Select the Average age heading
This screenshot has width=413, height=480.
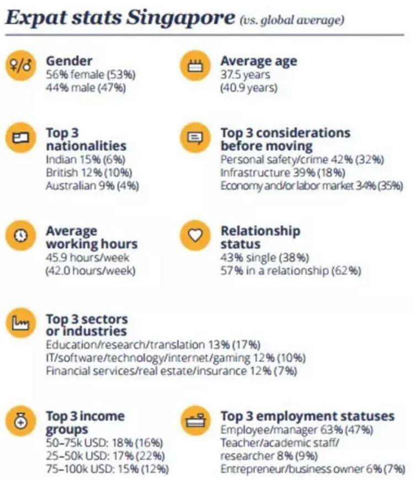tap(258, 61)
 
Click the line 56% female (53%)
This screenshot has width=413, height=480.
tap(91, 75)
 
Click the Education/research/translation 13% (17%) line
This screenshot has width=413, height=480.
tap(152, 345)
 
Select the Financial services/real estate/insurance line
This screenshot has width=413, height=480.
tap(171, 371)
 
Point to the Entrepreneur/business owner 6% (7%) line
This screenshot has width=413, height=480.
tap(313, 469)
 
